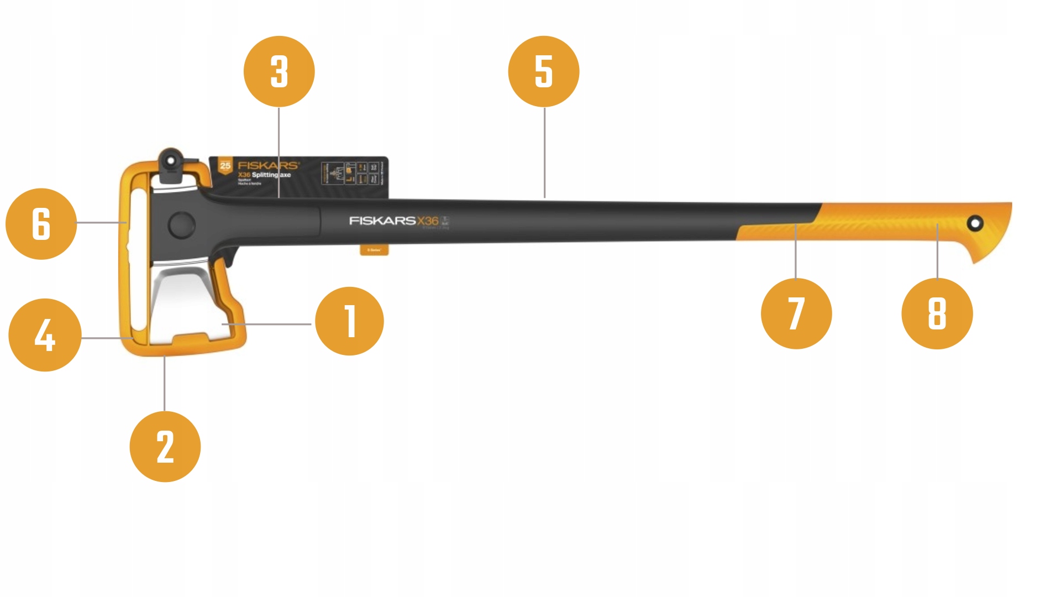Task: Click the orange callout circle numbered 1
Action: click(349, 321)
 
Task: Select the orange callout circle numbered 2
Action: click(165, 447)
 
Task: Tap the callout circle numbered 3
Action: click(279, 71)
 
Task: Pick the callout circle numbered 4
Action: click(45, 335)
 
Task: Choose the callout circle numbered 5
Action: click(544, 71)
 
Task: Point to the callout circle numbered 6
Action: click(41, 224)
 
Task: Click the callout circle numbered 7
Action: click(796, 313)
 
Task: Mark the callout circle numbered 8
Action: click(937, 313)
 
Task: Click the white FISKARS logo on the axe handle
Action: click(382, 221)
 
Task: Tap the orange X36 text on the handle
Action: click(428, 221)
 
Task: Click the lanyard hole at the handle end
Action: click(975, 223)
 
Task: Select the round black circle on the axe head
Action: click(182, 225)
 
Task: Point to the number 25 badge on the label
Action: click(225, 166)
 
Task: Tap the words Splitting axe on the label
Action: click(271, 175)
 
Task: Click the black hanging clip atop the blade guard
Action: click(171, 164)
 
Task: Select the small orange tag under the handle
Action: click(374, 250)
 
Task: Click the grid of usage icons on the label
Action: click(350, 173)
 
